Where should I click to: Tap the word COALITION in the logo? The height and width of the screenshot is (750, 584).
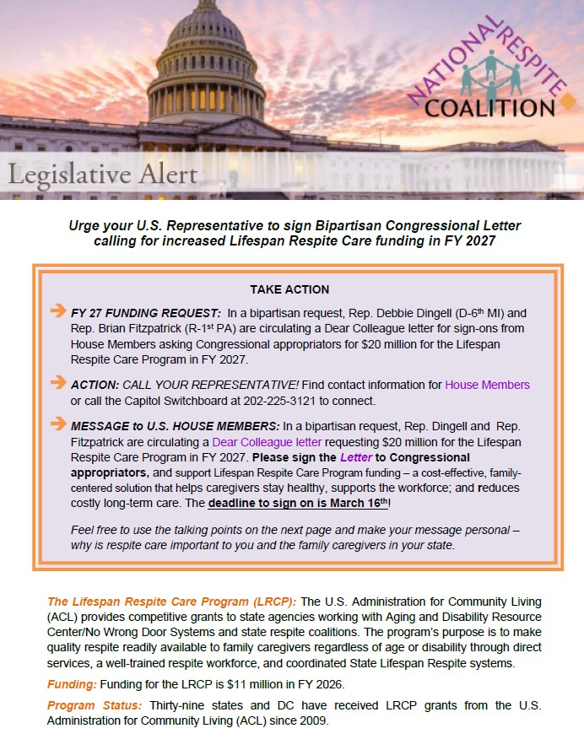pyautogui.click(x=489, y=107)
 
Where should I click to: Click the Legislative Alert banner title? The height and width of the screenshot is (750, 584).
pyautogui.click(x=103, y=175)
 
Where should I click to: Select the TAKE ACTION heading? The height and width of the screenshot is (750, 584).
pyautogui.click(x=289, y=289)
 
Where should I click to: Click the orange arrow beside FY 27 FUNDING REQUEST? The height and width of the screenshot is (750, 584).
pyautogui.click(x=58, y=311)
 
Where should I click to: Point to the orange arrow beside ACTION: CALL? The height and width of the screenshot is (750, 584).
pyautogui.click(x=58, y=383)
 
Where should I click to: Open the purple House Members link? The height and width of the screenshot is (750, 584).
pyautogui.click(x=487, y=385)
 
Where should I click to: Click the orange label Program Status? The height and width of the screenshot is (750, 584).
pyautogui.click(x=95, y=705)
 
